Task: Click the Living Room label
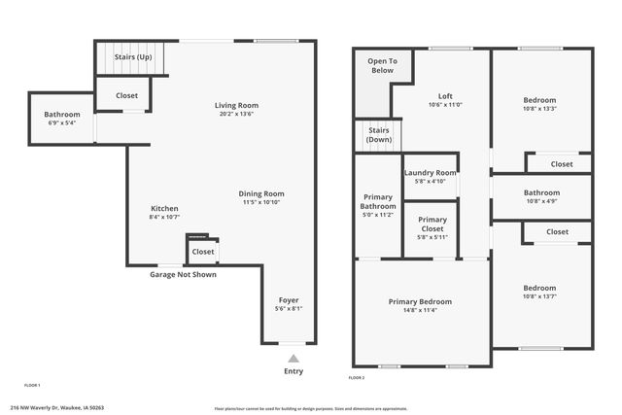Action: pyautogui.click(x=236, y=105)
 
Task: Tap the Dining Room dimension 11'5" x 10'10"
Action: pyautogui.click(x=261, y=203)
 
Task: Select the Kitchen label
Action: pyautogui.click(x=164, y=208)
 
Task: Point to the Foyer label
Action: pyautogui.click(x=289, y=299)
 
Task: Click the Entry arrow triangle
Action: pyautogui.click(x=293, y=359)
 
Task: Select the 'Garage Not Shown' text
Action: pyautogui.click(x=183, y=274)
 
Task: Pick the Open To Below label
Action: pyautogui.click(x=381, y=66)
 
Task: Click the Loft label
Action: pyautogui.click(x=445, y=95)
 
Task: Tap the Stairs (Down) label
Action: pyautogui.click(x=378, y=135)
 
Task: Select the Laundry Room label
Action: pyautogui.click(x=430, y=172)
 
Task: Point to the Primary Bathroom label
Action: pyautogui.click(x=378, y=201)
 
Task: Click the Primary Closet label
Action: pyautogui.click(x=432, y=224)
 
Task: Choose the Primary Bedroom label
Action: pyautogui.click(x=420, y=301)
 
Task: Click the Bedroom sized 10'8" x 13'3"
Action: pyautogui.click(x=539, y=100)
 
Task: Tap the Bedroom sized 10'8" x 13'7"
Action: pyautogui.click(x=539, y=288)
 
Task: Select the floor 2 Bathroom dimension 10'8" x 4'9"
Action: pyautogui.click(x=540, y=201)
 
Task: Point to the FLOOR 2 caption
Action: pyautogui.click(x=357, y=377)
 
